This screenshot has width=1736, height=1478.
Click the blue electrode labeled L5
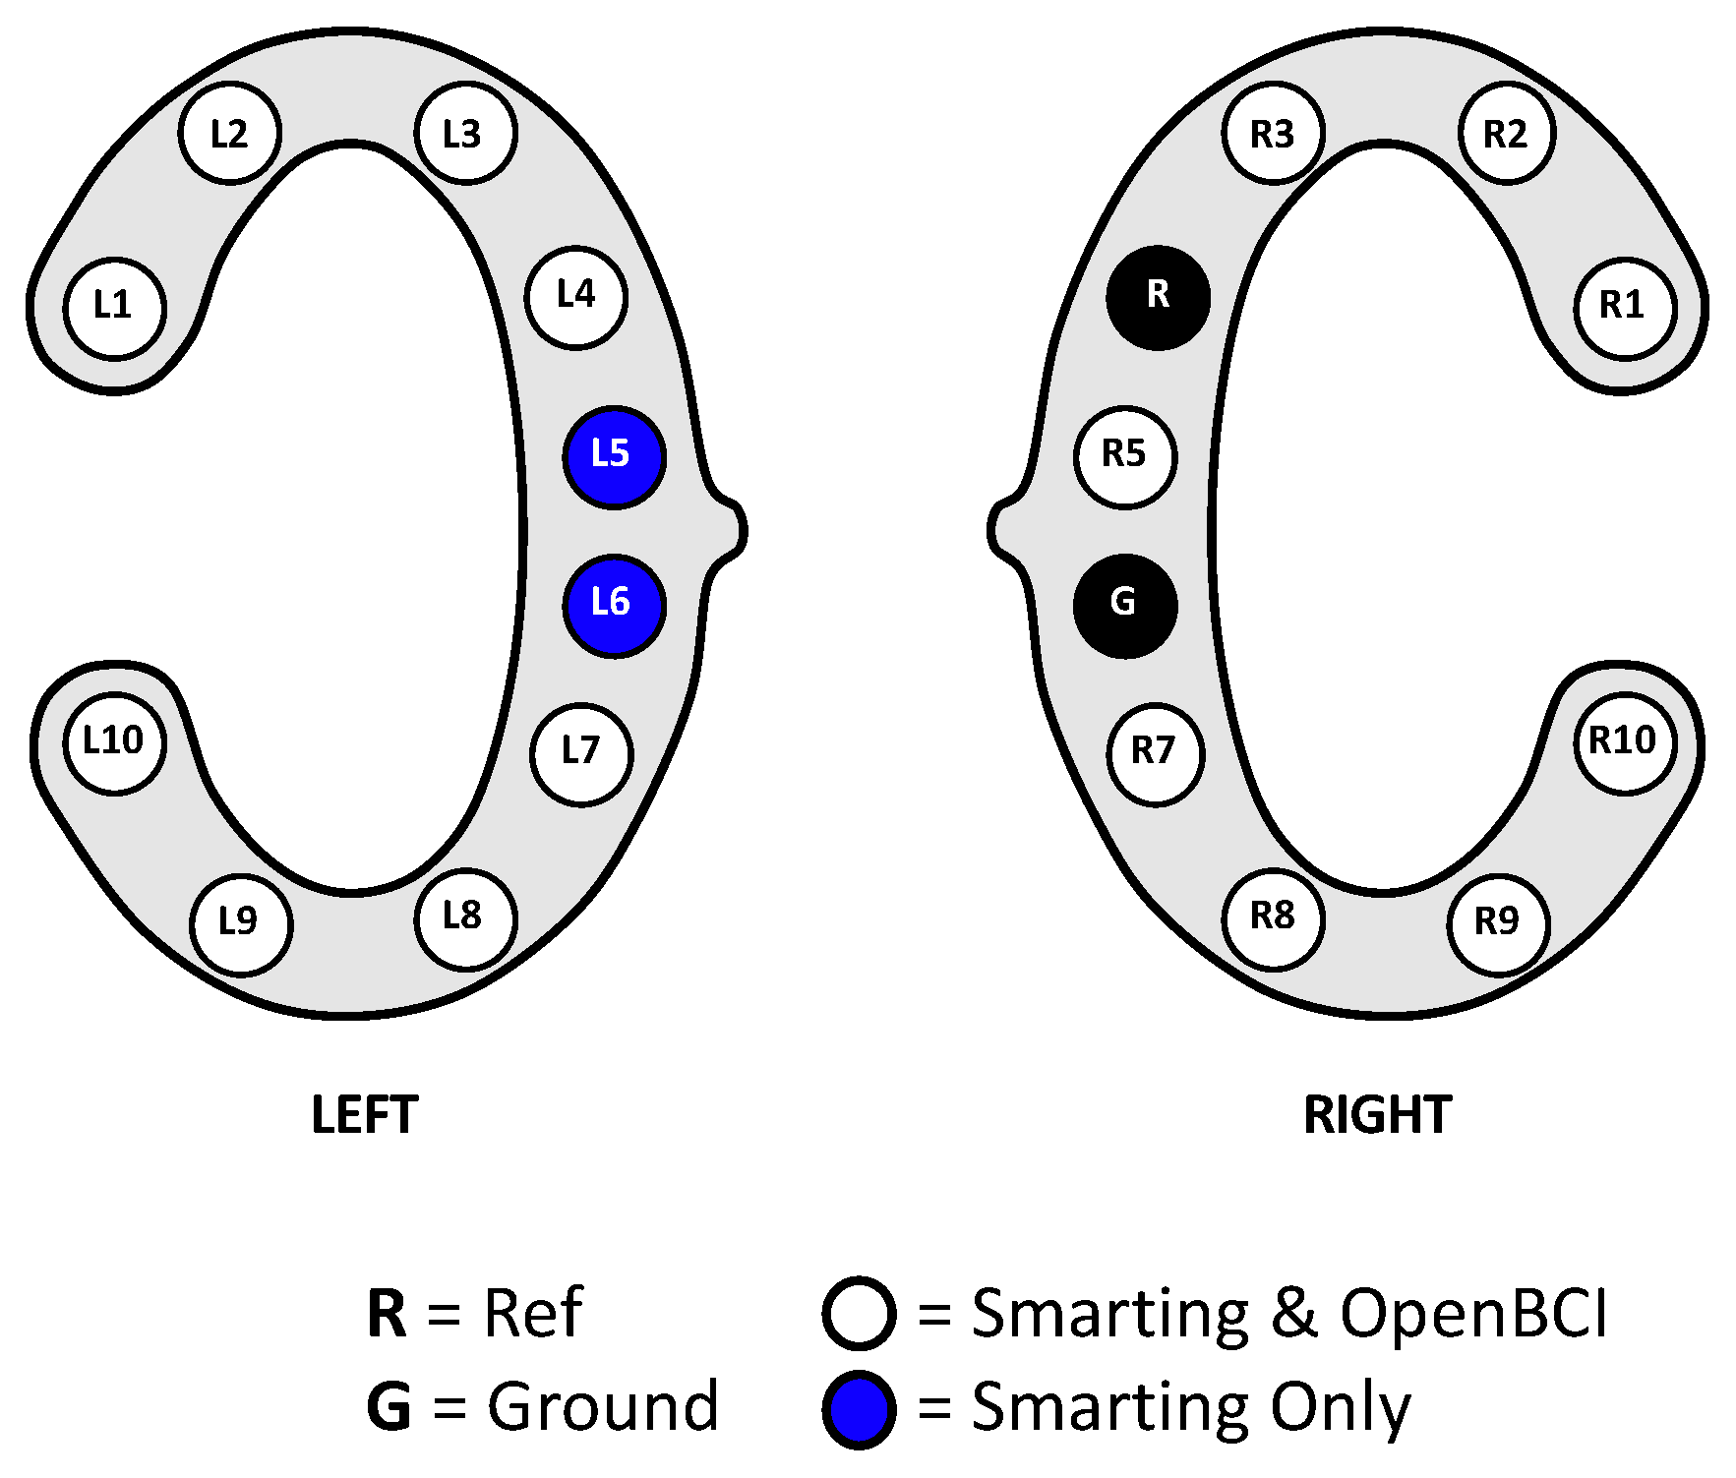614,457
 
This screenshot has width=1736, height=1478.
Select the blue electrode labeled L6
614,606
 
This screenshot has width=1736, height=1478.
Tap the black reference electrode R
1158,297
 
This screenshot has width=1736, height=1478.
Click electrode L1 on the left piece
114,308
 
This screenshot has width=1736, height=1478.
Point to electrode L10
114,742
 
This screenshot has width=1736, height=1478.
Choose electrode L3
465,133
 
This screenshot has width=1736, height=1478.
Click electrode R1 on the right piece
1624,308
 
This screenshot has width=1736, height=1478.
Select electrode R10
1624,742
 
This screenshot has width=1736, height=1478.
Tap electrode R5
1124,456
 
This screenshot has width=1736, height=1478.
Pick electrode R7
1156,754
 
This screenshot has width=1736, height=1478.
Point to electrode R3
1273,133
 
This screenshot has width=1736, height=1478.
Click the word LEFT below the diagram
365,1115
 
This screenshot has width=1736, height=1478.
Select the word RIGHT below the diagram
1377,1115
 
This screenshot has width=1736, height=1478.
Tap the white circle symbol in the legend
859,1314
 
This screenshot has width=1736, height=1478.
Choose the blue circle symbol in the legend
859,1409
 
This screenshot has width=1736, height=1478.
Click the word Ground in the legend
603,1407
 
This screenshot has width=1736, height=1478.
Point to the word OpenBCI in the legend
1473,1314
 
